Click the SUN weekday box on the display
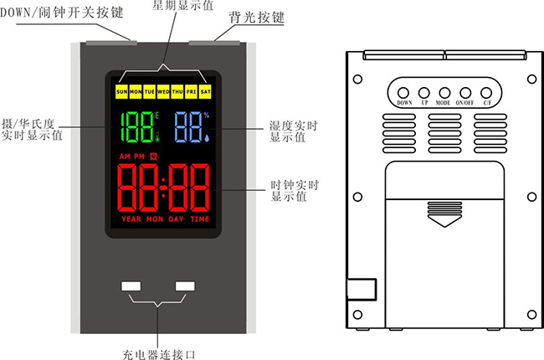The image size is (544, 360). (122, 90)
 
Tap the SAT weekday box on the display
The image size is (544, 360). (205, 90)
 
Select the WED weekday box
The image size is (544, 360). (163, 90)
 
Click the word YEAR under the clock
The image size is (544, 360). (131, 219)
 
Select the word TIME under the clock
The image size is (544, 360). (199, 219)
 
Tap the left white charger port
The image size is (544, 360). (131, 286)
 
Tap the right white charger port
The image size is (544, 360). (185, 286)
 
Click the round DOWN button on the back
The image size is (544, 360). (402, 92)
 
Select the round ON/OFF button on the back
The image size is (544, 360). (466, 92)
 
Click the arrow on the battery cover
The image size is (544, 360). (444, 223)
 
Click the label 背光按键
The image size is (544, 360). (254, 18)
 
